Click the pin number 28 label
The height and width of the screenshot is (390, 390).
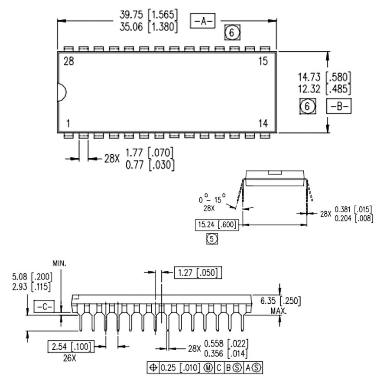(68, 61)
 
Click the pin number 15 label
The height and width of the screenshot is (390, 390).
(263, 61)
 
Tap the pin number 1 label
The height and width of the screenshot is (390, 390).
(68, 123)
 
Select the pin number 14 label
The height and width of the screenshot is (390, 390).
(263, 123)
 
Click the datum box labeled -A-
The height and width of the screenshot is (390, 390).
(202, 21)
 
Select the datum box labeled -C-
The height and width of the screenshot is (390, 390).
(43, 307)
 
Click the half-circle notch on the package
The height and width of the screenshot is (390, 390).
(62, 92)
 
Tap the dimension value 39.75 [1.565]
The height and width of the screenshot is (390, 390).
(148, 14)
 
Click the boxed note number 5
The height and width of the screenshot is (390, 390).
(212, 239)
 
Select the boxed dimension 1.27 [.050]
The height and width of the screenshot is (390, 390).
(198, 273)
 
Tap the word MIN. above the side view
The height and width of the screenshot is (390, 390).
(60, 263)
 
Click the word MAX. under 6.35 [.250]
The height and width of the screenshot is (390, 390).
(280, 311)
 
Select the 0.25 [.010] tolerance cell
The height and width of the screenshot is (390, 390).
(180, 368)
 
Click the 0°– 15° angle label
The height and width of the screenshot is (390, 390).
(212, 200)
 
